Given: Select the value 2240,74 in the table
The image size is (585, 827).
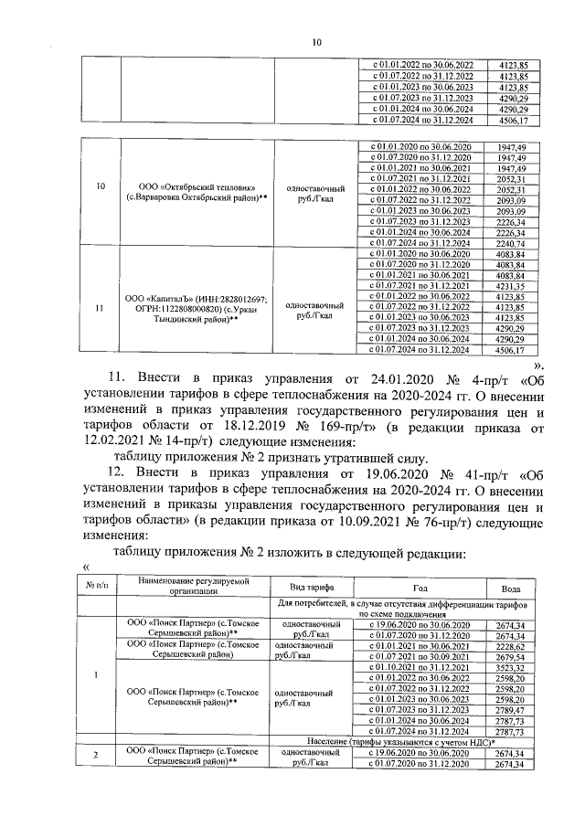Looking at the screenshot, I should [x=512, y=243].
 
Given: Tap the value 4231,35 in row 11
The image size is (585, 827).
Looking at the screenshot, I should [x=512, y=286].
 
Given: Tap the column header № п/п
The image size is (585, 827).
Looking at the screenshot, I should [x=98, y=587].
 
